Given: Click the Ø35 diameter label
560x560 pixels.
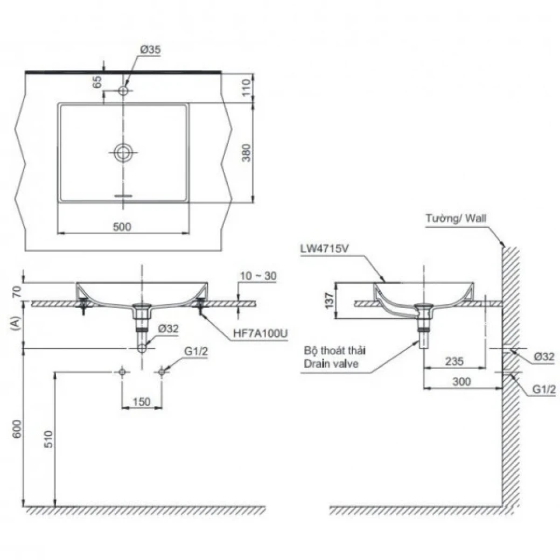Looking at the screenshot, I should click(151, 50).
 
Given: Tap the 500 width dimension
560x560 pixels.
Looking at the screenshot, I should click(122, 227).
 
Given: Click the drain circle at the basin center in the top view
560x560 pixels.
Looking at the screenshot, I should click(123, 153).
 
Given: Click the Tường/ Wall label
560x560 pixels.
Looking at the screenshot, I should click(456, 218).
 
